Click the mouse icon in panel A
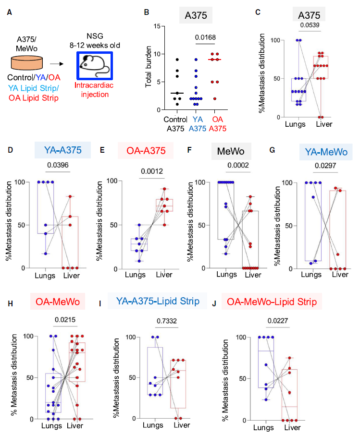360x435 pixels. [94, 65]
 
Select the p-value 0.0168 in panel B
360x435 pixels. [205, 37]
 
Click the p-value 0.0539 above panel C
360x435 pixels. [310, 25]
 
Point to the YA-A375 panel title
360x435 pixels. [63, 150]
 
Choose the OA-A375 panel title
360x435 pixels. [146, 151]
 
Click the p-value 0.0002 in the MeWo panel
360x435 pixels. [238, 165]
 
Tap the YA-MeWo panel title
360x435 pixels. [326, 152]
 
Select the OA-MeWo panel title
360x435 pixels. [58, 302]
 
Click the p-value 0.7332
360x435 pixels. [167, 321]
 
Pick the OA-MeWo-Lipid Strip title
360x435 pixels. [272, 302]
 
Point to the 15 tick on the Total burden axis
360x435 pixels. [157, 26]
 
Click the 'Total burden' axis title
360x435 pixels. [149, 67]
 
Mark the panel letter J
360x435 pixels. [214, 304]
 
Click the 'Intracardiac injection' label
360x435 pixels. [94, 90]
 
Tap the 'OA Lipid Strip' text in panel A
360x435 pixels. [34, 98]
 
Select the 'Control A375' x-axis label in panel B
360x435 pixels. [175, 124]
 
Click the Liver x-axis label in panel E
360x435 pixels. [164, 275]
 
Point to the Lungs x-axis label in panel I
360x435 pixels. [153, 425]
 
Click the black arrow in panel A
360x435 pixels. [57, 64]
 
